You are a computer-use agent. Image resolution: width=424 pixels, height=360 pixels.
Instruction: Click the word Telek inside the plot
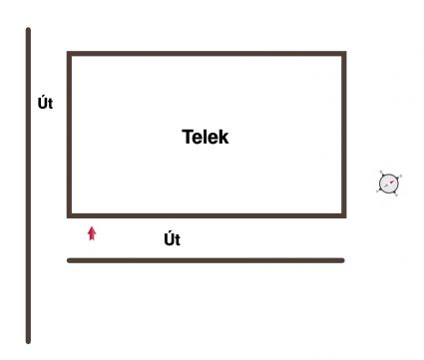206,138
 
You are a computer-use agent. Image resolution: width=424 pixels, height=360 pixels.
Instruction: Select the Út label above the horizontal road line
172,239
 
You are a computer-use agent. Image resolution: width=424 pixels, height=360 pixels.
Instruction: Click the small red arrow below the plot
92,233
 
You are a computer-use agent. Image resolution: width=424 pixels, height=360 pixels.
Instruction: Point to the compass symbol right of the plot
389,182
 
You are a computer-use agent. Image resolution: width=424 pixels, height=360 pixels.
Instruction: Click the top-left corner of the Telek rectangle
69,54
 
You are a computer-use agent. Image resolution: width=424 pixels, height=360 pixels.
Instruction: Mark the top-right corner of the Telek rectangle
344,54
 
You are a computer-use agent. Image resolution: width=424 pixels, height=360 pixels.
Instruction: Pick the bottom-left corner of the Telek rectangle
69,214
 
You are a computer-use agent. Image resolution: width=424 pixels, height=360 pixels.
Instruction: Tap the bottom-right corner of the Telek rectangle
344,214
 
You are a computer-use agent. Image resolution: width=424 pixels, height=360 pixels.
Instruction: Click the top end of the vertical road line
28,30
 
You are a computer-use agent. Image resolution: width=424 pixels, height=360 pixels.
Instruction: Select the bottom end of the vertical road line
28,341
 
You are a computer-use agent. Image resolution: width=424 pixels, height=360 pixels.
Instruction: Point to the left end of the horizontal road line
69,260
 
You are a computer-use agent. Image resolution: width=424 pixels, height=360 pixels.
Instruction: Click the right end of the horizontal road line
342,260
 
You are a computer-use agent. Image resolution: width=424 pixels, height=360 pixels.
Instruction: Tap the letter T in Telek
187,138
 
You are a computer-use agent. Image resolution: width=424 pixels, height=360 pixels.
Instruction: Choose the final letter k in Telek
223,138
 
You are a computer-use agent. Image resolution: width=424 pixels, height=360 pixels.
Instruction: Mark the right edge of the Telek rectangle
344,135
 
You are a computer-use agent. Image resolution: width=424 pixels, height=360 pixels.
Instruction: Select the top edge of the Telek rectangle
207,54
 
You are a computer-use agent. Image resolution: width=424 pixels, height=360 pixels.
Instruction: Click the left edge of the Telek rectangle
69,135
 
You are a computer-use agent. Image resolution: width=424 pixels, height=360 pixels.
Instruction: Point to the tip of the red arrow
92,227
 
